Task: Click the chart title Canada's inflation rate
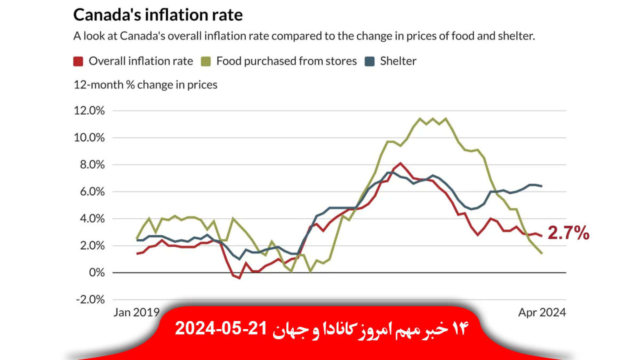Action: click(158, 15)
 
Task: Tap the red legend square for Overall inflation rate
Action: click(78, 61)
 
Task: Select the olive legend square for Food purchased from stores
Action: click(206, 61)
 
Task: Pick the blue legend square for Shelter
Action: click(370, 61)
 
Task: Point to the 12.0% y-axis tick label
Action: click(89, 111)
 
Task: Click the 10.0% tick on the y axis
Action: click(89, 138)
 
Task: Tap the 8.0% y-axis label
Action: click(92, 165)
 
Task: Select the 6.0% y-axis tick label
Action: click(92, 192)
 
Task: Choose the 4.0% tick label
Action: click(92, 219)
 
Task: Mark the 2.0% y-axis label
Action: click(92, 246)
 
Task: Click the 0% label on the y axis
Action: click(97, 273)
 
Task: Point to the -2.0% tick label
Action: click(90, 300)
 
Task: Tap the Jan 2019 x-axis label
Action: click(137, 312)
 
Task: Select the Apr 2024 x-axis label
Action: click(542, 312)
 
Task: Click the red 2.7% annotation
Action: click(568, 233)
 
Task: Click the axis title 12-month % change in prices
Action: click(145, 85)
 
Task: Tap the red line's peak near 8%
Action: click(400, 163)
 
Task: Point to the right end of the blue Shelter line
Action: click(541, 186)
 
